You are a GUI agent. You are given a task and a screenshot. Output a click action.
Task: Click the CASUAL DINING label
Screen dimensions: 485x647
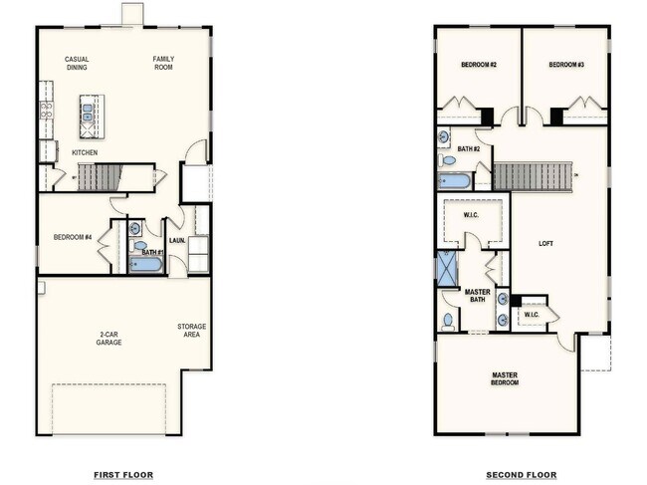[x=77, y=63]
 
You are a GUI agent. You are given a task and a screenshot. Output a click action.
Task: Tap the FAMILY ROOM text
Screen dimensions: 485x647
[x=163, y=63]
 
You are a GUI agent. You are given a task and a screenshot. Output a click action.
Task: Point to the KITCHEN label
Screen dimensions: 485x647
[x=85, y=152]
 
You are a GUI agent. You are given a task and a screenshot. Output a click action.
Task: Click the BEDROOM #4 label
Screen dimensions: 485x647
[x=73, y=236]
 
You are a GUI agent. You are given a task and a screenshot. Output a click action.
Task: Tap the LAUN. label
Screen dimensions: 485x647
[x=176, y=240]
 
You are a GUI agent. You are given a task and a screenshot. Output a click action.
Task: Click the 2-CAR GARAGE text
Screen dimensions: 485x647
[x=108, y=338]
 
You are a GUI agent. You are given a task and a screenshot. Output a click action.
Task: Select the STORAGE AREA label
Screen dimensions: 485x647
[x=192, y=331]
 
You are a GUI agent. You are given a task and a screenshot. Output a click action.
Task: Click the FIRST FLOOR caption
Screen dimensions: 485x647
[x=123, y=475]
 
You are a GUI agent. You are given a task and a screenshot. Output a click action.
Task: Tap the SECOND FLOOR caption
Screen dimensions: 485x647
[x=522, y=475]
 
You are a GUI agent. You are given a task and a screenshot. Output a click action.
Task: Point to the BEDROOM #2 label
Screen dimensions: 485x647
[x=479, y=65]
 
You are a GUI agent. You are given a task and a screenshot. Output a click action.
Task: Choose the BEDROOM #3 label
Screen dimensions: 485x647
[x=565, y=65]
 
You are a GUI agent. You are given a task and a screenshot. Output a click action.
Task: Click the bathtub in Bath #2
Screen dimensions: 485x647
[x=454, y=181]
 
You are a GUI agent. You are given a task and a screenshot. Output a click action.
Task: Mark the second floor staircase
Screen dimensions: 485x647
[x=534, y=176]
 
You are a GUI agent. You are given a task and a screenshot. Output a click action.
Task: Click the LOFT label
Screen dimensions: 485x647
[x=545, y=242]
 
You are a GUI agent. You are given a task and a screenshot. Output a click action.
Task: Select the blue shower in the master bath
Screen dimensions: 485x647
[x=447, y=268]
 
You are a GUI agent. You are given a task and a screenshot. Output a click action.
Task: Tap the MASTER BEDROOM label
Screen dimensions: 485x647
[x=505, y=378]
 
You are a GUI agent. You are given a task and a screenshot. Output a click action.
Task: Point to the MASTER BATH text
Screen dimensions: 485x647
[x=478, y=296]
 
